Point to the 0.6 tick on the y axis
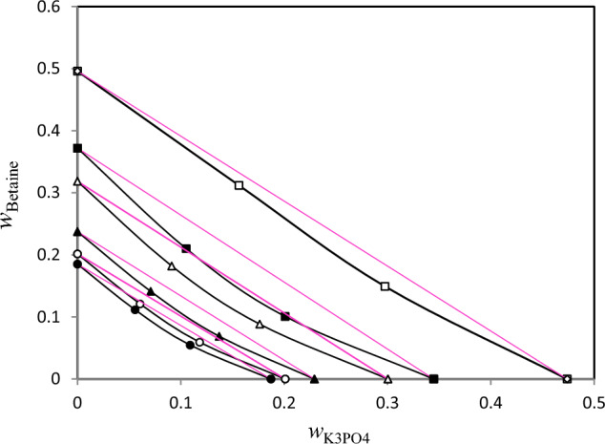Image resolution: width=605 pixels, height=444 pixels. coord(53,9)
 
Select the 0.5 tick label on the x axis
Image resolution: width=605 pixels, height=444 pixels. coord(594,399)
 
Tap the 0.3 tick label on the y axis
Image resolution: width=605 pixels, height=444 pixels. coord(53,194)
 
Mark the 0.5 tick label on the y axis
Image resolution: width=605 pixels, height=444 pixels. coord(53,71)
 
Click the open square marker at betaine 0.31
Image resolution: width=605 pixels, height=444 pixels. coord(239,185)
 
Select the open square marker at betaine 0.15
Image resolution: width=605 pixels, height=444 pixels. coord(385,286)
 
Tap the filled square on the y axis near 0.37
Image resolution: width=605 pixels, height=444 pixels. coord(77,149)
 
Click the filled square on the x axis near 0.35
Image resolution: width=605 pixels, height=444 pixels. coord(433,379)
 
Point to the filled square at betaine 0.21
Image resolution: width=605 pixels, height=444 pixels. coord(186,249)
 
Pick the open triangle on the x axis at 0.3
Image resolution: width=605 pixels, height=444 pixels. coord(387,379)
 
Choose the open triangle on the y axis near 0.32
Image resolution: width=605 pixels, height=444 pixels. coord(77,181)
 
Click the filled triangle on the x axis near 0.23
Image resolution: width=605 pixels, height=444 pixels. coord(315,379)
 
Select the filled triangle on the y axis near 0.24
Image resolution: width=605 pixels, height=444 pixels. coord(77,231)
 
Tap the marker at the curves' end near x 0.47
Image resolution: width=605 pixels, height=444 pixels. coord(567,379)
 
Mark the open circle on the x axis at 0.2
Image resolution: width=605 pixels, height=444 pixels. coord(285,379)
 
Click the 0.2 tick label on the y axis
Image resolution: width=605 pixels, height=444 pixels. coord(53,256)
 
